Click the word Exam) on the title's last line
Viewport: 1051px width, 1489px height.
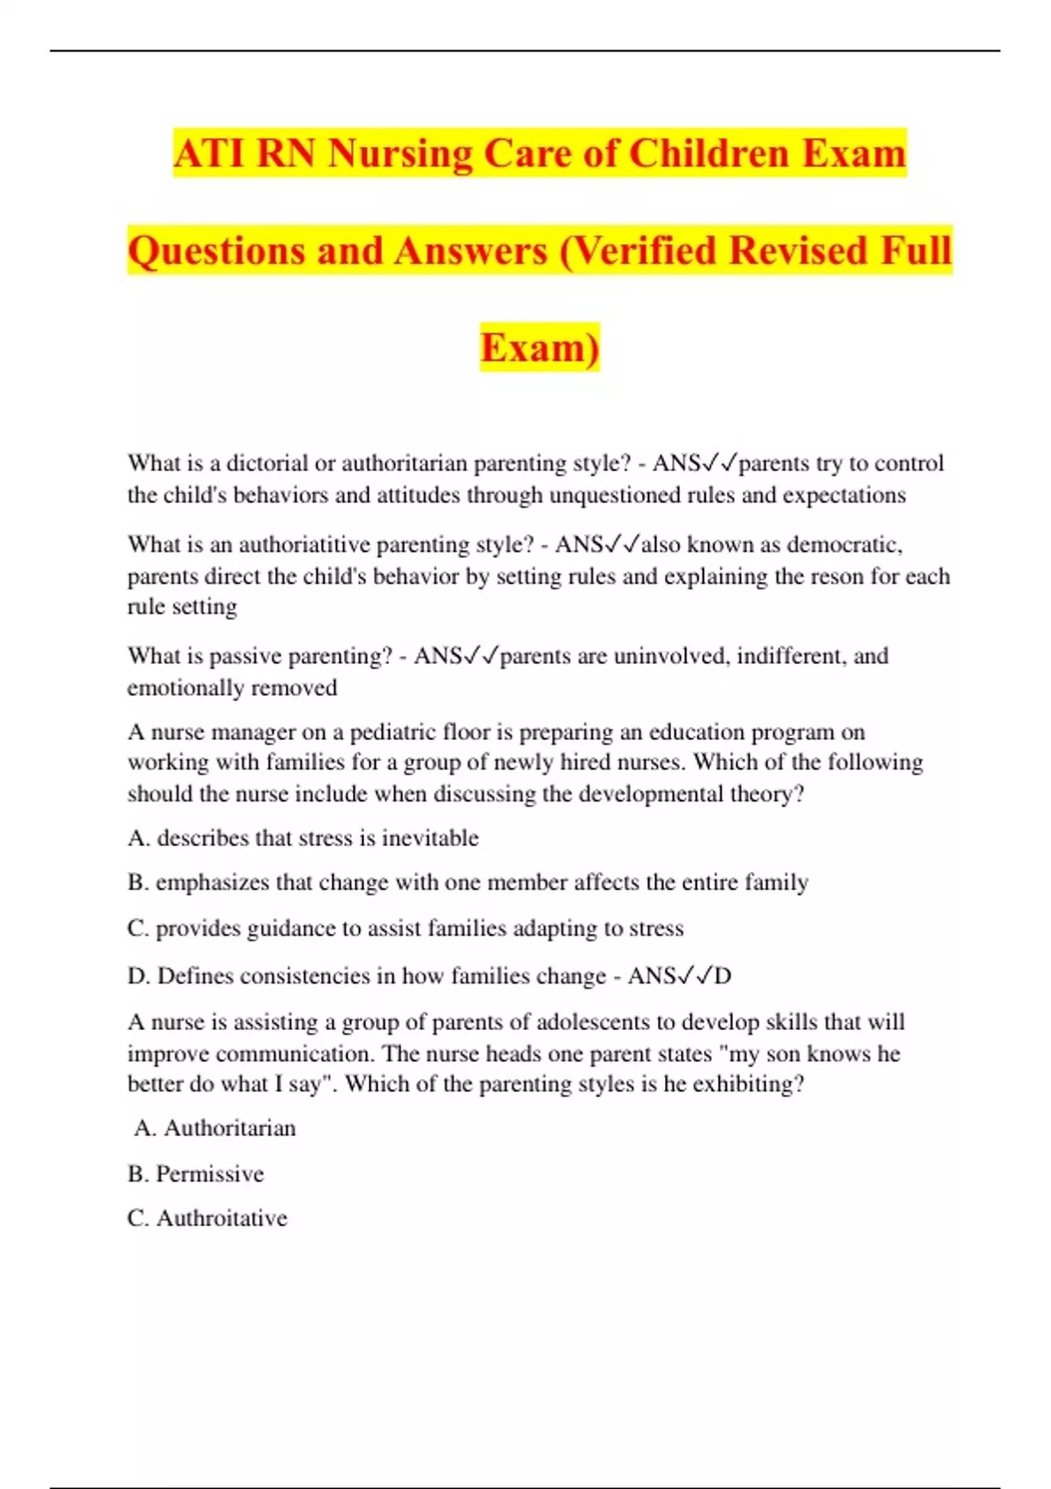pyautogui.click(x=540, y=348)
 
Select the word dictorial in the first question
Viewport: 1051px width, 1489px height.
pyautogui.click(x=267, y=463)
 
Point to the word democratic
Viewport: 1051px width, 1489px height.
pyautogui.click(x=844, y=545)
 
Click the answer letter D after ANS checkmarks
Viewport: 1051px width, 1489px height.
pyautogui.click(x=723, y=976)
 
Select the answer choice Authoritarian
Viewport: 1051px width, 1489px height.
pyautogui.click(x=229, y=1128)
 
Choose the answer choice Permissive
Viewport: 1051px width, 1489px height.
pyautogui.click(x=209, y=1174)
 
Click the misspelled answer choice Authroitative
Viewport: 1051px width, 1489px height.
pyautogui.click(x=222, y=1218)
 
